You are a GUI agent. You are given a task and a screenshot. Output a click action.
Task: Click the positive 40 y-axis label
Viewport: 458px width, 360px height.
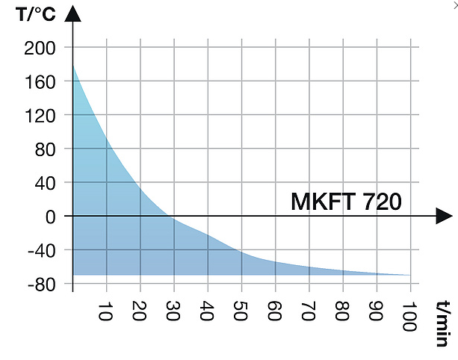(47, 183)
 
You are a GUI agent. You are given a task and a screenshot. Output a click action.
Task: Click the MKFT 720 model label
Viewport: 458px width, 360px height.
(346, 202)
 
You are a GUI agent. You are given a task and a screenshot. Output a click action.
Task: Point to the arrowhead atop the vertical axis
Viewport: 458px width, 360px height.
(73, 13)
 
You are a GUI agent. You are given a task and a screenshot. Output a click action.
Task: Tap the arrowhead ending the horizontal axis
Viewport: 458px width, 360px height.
(439, 216)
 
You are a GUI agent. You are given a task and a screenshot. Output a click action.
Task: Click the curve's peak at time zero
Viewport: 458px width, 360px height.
(73, 66)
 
